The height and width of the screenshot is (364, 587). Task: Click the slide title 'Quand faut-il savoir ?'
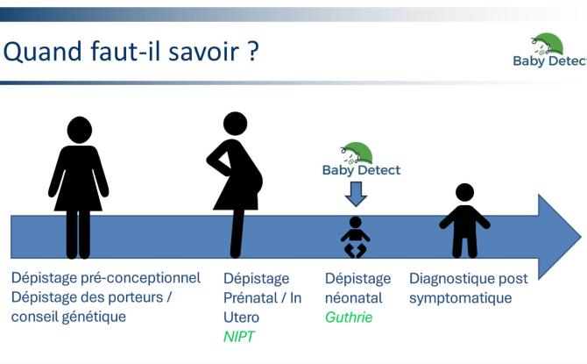(x=131, y=51)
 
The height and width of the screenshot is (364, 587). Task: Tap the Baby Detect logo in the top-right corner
(x=548, y=51)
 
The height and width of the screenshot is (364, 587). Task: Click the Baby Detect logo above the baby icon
(x=361, y=159)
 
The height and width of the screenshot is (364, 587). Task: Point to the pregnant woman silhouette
(x=235, y=184)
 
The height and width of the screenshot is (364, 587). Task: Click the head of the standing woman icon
(x=79, y=131)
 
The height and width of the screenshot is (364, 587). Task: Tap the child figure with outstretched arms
(x=464, y=220)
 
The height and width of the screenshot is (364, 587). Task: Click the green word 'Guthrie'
(x=349, y=317)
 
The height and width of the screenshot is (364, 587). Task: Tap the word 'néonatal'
(x=353, y=297)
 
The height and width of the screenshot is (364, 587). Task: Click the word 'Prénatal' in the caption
(x=251, y=297)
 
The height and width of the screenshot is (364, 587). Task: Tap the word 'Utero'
(x=243, y=317)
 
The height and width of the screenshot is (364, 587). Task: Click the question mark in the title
(x=252, y=51)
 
